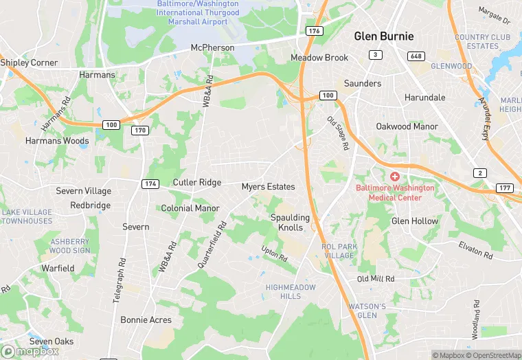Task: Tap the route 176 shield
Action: tap(315, 31)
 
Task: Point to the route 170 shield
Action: tap(140, 130)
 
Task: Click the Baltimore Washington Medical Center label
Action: tap(395, 192)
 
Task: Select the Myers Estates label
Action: tap(268, 187)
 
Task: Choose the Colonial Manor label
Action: tap(190, 208)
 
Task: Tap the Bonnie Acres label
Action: tap(146, 319)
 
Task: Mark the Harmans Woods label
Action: tap(57, 141)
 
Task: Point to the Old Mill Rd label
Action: tap(376, 279)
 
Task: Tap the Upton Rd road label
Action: tap(274, 254)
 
